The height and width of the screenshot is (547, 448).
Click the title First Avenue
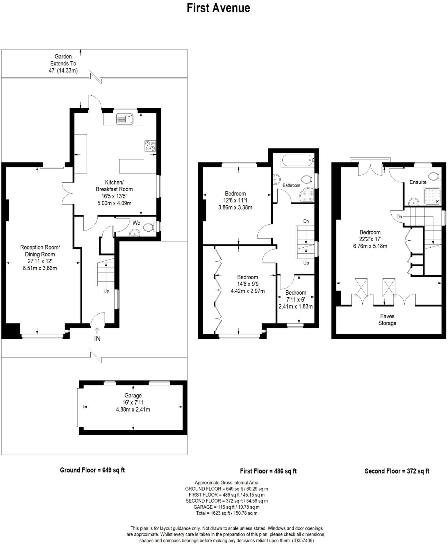click(x=218, y=8)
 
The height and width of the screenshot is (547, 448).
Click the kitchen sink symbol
click(x=125, y=119)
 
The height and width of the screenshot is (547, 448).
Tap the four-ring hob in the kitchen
click(x=150, y=146)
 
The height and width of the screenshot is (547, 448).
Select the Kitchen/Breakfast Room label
click(x=114, y=186)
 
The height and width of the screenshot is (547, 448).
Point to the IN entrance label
click(x=97, y=339)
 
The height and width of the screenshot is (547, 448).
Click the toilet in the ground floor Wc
click(x=148, y=228)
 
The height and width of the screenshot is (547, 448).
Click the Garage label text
click(x=133, y=395)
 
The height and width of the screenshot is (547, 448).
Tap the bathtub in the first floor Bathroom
click(x=297, y=161)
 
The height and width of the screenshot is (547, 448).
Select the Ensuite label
click(x=418, y=182)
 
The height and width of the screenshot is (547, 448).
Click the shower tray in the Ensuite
click(x=432, y=196)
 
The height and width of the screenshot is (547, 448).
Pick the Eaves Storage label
click(x=387, y=320)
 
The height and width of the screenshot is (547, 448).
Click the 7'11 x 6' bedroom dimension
click(x=295, y=300)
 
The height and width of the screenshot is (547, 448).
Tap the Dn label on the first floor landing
click(x=306, y=221)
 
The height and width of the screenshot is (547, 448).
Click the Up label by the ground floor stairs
click(x=106, y=291)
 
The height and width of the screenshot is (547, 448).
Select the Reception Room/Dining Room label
click(x=40, y=251)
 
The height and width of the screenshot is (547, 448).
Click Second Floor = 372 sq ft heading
click(x=397, y=471)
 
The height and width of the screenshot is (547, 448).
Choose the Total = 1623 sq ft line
click(x=227, y=513)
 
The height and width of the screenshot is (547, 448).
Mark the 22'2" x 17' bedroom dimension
click(x=370, y=239)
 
